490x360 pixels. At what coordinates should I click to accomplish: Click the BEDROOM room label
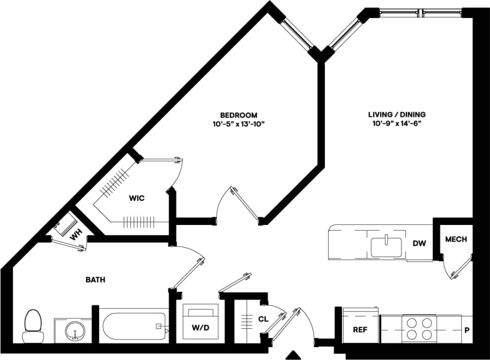click(x=239, y=115)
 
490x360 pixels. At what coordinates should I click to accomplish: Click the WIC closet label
click(x=137, y=199)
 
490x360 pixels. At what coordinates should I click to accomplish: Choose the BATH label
click(x=95, y=280)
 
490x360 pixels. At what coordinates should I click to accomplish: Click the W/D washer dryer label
click(x=200, y=328)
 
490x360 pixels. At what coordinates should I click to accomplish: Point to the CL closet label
click(x=263, y=319)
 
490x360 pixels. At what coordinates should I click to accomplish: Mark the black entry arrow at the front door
click(x=294, y=355)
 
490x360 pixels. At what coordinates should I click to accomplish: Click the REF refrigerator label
click(x=360, y=330)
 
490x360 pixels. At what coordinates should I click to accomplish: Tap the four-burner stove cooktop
click(x=419, y=328)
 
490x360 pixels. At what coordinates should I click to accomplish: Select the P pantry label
click(x=467, y=330)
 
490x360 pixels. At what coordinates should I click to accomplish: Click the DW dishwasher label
click(x=419, y=244)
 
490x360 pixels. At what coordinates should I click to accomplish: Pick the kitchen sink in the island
click(x=386, y=247)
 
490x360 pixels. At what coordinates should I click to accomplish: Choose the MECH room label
click(x=456, y=239)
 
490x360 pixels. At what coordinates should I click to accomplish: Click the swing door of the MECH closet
click(x=462, y=268)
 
